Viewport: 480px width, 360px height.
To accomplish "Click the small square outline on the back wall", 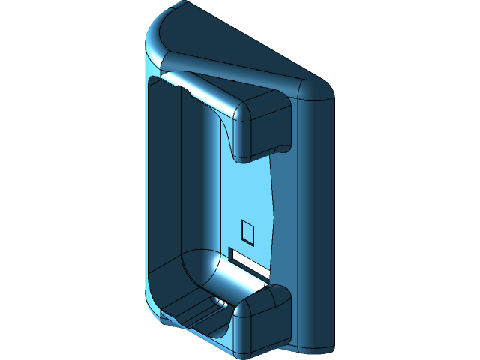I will (247, 233).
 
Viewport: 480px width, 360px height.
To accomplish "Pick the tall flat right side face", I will (315, 225).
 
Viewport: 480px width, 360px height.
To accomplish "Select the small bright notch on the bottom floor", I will (220, 301).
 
